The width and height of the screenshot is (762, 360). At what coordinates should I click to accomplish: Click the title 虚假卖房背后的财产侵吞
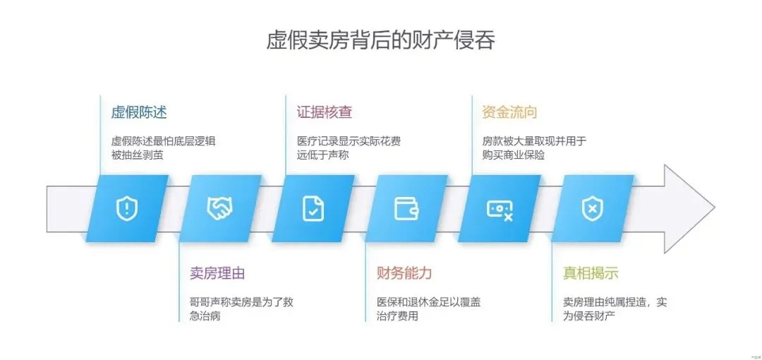coord(380,40)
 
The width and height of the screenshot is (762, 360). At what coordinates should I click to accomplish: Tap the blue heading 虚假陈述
coord(139,112)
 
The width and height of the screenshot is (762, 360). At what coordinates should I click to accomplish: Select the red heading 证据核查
coord(325,112)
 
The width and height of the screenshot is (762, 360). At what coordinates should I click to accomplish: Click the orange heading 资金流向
coord(509,112)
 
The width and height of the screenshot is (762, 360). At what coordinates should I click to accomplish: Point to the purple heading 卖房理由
coord(217,273)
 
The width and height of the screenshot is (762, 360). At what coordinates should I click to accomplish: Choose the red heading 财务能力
coord(404,273)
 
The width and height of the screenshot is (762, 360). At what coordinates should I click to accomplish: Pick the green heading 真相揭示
coord(591,273)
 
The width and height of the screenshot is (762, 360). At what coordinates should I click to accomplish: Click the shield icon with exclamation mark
coord(127,208)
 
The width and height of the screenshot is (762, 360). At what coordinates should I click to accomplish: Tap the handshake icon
coord(219,208)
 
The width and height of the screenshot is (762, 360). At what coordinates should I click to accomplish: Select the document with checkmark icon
coord(313,208)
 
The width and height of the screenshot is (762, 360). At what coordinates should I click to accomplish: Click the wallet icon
coord(406,208)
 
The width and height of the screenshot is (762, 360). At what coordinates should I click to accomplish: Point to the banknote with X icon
coord(500,208)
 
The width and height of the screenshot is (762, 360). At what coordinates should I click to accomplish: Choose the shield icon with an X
coord(592,208)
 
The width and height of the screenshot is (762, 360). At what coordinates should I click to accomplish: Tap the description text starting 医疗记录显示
coord(349,148)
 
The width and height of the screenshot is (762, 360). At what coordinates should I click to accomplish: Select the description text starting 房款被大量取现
coord(529,148)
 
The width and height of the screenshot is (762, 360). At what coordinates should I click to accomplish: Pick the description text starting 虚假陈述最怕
coord(163,148)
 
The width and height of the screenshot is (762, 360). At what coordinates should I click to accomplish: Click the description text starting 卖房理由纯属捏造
coord(615,308)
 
